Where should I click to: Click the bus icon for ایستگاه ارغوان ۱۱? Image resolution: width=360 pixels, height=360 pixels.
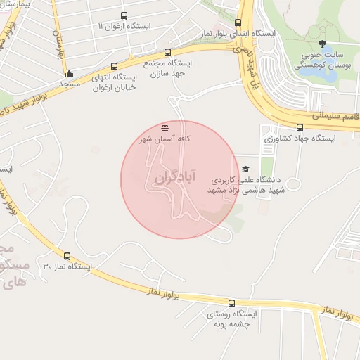point(124,15)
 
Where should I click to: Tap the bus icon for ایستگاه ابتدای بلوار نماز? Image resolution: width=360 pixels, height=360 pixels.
point(238,22)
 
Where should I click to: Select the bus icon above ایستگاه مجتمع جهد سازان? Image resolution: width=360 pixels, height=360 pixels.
point(167,52)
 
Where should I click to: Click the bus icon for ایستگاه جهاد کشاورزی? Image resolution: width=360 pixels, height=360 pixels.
point(300,127)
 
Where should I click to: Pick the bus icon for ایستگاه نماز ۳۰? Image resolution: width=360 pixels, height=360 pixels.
point(67,257)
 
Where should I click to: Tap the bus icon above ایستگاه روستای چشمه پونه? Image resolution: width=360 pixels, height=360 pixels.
point(231,303)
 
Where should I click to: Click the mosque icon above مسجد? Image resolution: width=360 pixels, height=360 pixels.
point(69,73)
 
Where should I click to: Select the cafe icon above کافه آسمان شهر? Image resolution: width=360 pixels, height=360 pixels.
point(165,128)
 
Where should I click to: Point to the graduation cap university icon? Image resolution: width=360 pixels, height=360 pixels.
point(245,169)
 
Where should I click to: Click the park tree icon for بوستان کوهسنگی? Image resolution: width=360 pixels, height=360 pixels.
point(322,45)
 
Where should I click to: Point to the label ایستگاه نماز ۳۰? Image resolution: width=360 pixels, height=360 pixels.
point(67,267)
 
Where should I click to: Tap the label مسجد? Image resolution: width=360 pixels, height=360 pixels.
point(69,84)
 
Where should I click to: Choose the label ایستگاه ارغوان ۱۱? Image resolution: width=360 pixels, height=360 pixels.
point(124,27)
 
